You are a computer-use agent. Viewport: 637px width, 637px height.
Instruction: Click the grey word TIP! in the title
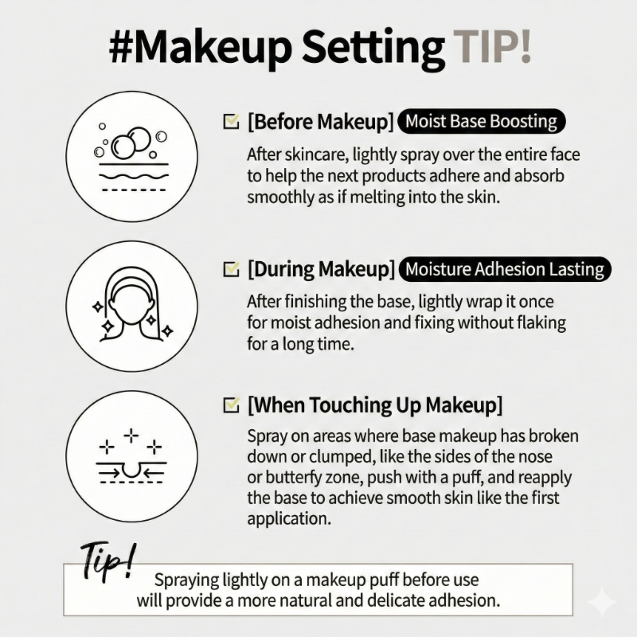click(x=492, y=47)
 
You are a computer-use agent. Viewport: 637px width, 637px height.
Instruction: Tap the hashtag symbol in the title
click(x=122, y=48)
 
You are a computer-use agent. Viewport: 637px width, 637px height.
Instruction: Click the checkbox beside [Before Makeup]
click(x=231, y=121)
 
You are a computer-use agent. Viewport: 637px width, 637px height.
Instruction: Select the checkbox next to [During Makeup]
click(x=231, y=269)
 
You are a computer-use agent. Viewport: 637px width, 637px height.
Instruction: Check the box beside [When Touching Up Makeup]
click(x=231, y=404)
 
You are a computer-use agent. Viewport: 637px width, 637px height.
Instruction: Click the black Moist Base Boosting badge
click(x=482, y=122)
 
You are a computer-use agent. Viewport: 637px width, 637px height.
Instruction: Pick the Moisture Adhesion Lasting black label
click(x=505, y=269)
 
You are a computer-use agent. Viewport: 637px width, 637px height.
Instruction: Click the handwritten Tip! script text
click(x=108, y=561)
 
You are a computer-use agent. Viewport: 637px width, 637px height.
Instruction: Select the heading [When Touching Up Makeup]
click(x=374, y=405)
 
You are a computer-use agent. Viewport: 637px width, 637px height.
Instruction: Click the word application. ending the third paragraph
click(x=289, y=520)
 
